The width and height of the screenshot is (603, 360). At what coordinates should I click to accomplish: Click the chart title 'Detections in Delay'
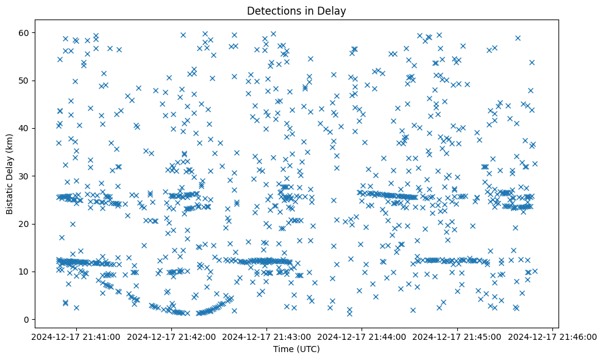296,10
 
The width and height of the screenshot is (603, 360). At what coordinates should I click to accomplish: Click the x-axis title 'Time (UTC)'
296,350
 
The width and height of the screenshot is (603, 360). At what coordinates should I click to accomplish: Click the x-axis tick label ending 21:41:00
76,336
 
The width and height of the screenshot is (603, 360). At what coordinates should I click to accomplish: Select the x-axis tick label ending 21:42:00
171,336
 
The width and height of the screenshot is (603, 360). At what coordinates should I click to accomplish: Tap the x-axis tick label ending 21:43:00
267,336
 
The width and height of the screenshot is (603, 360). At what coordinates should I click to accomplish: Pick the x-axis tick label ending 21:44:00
362,336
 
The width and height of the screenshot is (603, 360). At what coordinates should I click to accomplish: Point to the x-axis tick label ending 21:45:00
457,336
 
